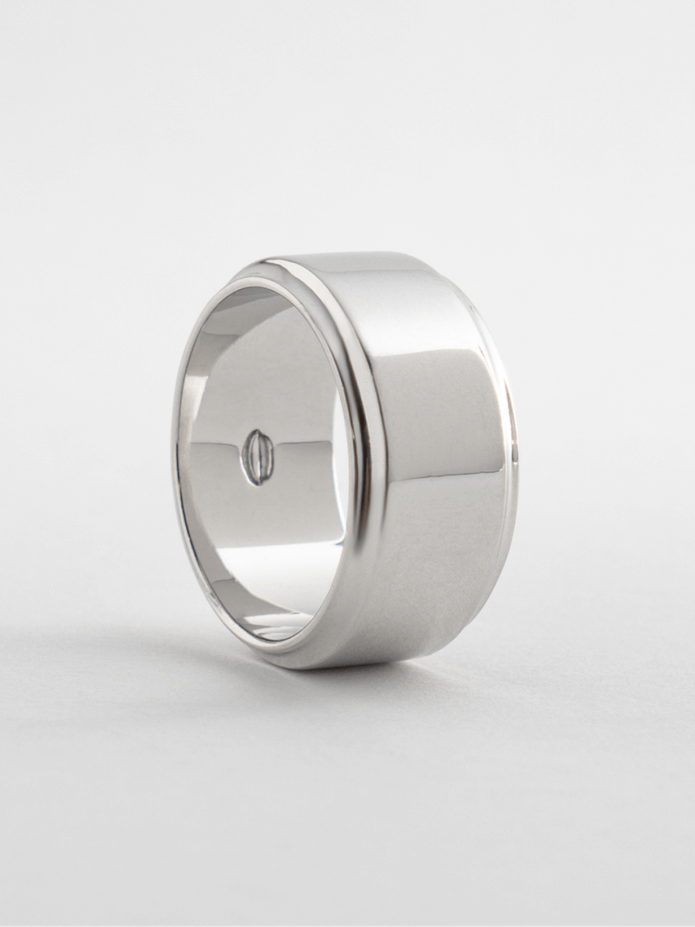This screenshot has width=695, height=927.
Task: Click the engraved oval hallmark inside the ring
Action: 257,457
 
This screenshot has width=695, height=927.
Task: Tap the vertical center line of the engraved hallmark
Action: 258,457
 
